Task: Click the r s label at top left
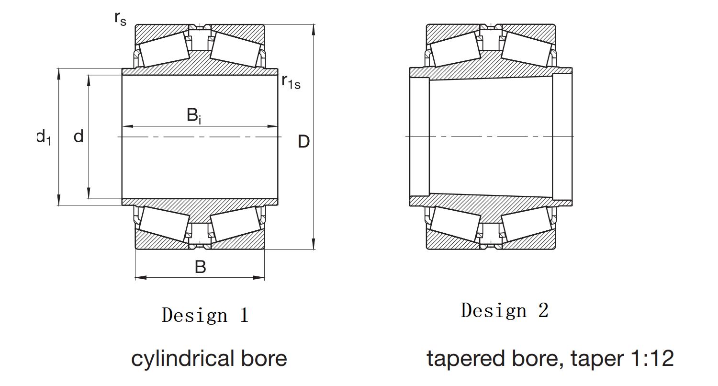click(x=120, y=19)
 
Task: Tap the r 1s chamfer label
click(x=291, y=82)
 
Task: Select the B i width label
click(x=194, y=116)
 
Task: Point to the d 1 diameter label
click(x=44, y=137)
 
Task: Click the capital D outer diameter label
click(x=303, y=141)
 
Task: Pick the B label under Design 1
click(x=201, y=267)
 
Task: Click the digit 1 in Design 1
click(x=244, y=315)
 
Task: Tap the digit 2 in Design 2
click(x=543, y=310)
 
